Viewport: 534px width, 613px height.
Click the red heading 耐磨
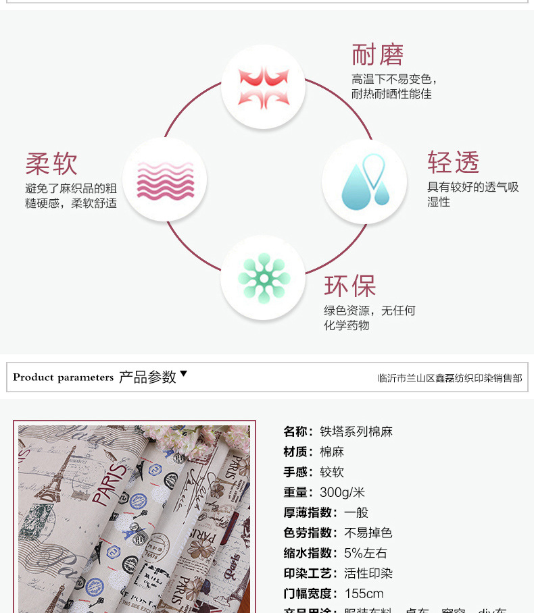point(377,55)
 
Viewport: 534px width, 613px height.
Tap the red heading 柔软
point(51,163)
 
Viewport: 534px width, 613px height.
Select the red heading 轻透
point(453,163)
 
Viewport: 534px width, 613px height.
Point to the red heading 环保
point(349,286)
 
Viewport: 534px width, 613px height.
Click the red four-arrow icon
point(263,86)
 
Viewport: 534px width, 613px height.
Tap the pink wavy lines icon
point(165,180)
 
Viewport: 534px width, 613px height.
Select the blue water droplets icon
point(364,182)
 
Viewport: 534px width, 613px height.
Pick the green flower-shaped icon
point(264,277)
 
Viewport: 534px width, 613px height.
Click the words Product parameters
point(63,377)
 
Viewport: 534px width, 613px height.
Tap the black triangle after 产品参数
point(183,374)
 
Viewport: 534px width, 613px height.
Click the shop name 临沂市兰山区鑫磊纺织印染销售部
point(450,378)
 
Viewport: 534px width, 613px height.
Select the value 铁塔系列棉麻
point(356,431)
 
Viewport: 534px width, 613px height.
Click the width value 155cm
point(364,593)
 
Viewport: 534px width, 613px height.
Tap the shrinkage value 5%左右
point(366,553)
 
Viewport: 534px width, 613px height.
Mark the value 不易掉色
point(368,533)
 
